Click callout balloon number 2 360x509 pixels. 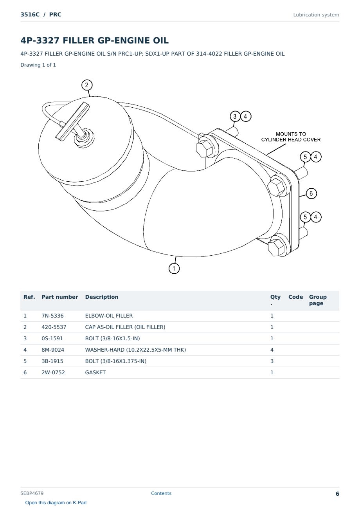click(x=87, y=85)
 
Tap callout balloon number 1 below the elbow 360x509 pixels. click(x=174, y=268)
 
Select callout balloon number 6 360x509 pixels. click(x=311, y=193)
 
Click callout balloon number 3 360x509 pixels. click(x=235, y=116)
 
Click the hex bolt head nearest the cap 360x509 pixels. click(x=204, y=149)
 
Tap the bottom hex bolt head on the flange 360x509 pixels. click(x=276, y=247)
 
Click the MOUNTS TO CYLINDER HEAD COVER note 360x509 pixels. click(x=291, y=137)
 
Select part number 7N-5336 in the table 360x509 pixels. click(x=52, y=316)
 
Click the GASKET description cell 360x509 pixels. click(x=95, y=372)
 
